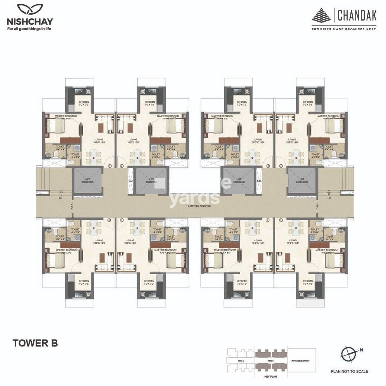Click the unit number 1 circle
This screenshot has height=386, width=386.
110,166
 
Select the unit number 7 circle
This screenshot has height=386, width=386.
122,220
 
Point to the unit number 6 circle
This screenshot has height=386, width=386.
268,220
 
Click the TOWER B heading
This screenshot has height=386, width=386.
35,343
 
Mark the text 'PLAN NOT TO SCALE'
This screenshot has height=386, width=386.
350,371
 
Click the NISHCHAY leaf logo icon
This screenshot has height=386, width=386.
30,10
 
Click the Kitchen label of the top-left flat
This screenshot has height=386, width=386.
79,103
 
